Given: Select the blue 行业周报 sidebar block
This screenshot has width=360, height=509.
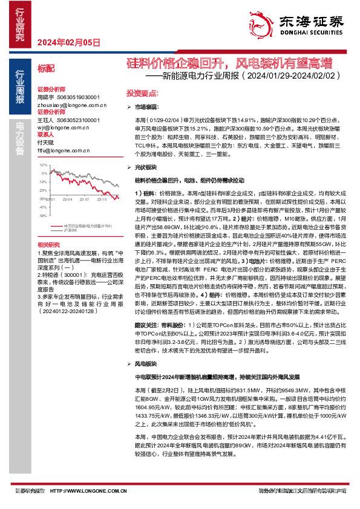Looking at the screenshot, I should click(19, 88).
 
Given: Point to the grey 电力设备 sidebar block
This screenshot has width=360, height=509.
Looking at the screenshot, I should click(19, 137).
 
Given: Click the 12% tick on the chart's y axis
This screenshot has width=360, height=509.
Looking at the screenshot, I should click(42, 164).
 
